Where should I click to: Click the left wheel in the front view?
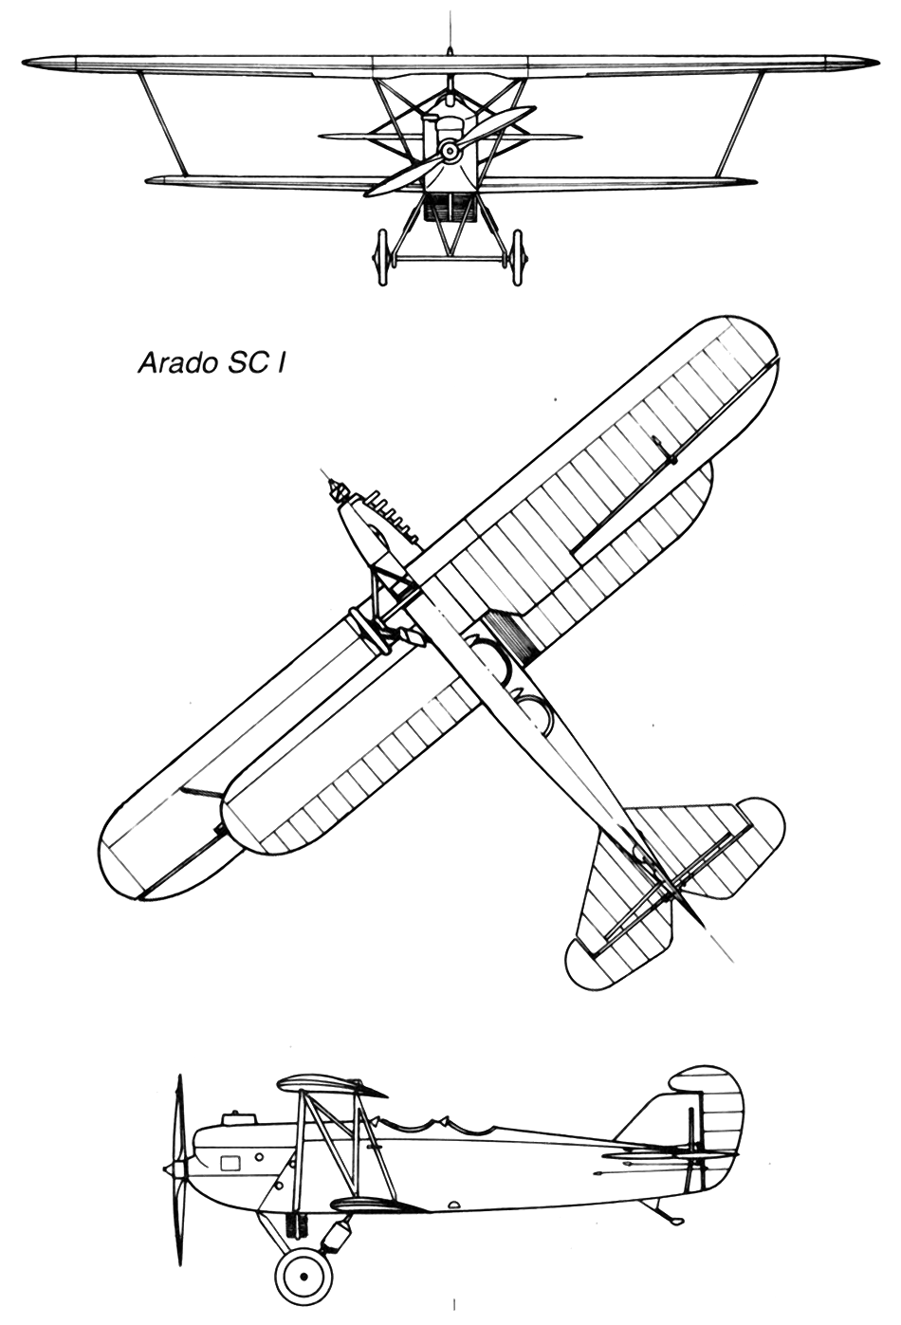click(381, 258)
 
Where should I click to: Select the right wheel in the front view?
click(518, 258)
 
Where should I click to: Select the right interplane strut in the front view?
click(739, 124)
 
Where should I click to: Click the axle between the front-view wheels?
click(450, 258)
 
